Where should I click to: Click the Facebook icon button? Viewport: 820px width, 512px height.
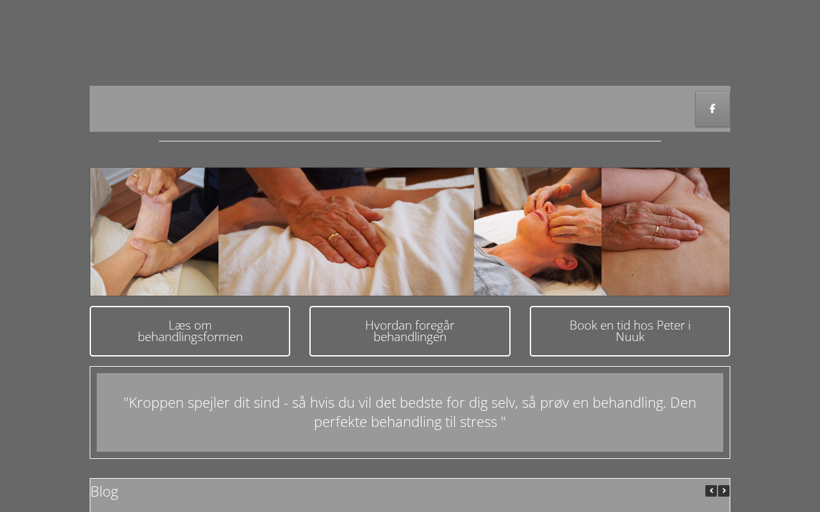712,109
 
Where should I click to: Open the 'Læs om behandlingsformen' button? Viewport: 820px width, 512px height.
190,331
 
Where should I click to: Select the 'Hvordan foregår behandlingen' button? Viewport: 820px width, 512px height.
409,331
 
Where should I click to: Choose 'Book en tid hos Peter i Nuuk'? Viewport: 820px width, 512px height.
630,331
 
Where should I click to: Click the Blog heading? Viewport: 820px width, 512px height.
104,492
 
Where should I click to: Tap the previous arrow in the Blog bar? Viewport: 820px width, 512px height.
711,491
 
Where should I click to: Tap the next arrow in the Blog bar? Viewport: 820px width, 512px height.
724,491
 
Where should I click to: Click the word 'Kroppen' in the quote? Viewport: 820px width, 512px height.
156,403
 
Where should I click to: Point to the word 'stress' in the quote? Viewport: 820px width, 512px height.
479,422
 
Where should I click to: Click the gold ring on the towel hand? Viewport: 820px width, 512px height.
332,237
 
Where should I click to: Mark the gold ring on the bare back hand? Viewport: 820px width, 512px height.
657,231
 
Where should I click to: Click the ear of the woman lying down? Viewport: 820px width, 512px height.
566,262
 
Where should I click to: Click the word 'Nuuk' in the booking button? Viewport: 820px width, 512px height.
630,337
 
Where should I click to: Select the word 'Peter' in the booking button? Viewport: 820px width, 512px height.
667,326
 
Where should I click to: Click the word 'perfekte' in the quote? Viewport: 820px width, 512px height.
340,422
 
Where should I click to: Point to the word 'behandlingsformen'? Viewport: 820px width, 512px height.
190,337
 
